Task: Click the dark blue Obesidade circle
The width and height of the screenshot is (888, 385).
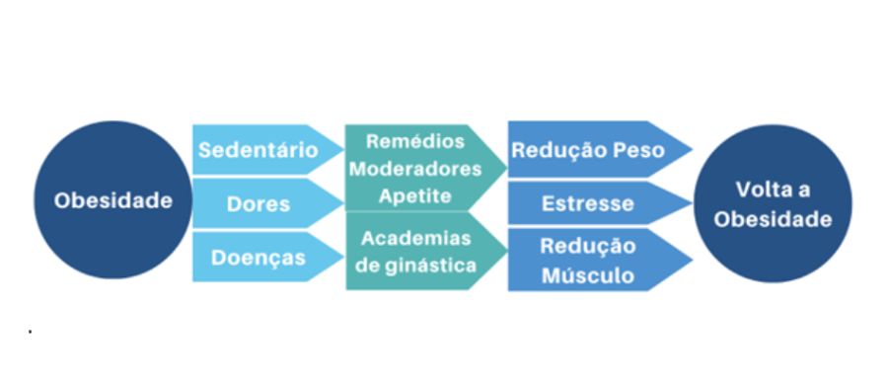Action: [111, 201]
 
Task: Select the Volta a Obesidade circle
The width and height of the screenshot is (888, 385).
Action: [774, 204]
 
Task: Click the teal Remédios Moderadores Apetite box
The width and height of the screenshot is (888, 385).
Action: [415, 168]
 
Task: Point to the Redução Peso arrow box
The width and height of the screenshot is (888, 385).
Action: [589, 150]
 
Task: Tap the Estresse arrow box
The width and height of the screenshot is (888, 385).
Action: [589, 204]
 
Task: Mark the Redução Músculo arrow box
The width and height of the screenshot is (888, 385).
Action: [589, 261]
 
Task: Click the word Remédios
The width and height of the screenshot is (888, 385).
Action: [414, 141]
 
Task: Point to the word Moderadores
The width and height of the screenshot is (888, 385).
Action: [415, 168]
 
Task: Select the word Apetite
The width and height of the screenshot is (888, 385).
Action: [414, 194]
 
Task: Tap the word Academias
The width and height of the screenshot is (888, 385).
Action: [416, 239]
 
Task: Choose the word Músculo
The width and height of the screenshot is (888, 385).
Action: [588, 274]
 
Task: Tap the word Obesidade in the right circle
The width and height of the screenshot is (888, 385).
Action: [774, 219]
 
